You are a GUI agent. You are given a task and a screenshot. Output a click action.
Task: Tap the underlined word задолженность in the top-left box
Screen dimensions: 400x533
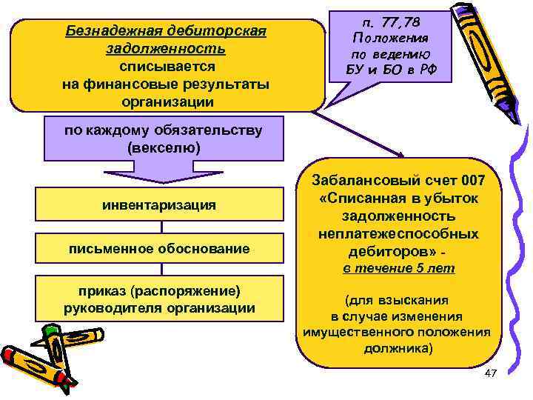click(x=166, y=49)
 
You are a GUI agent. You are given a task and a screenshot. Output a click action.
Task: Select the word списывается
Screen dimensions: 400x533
click(x=166, y=66)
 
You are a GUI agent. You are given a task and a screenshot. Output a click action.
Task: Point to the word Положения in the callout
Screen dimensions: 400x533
click(x=390, y=38)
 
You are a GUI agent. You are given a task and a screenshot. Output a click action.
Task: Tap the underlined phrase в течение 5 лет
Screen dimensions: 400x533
click(x=398, y=268)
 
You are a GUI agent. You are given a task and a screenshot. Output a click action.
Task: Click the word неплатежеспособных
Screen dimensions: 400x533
click(x=398, y=233)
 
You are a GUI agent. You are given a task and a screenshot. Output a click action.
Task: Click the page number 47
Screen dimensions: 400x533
click(x=489, y=375)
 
